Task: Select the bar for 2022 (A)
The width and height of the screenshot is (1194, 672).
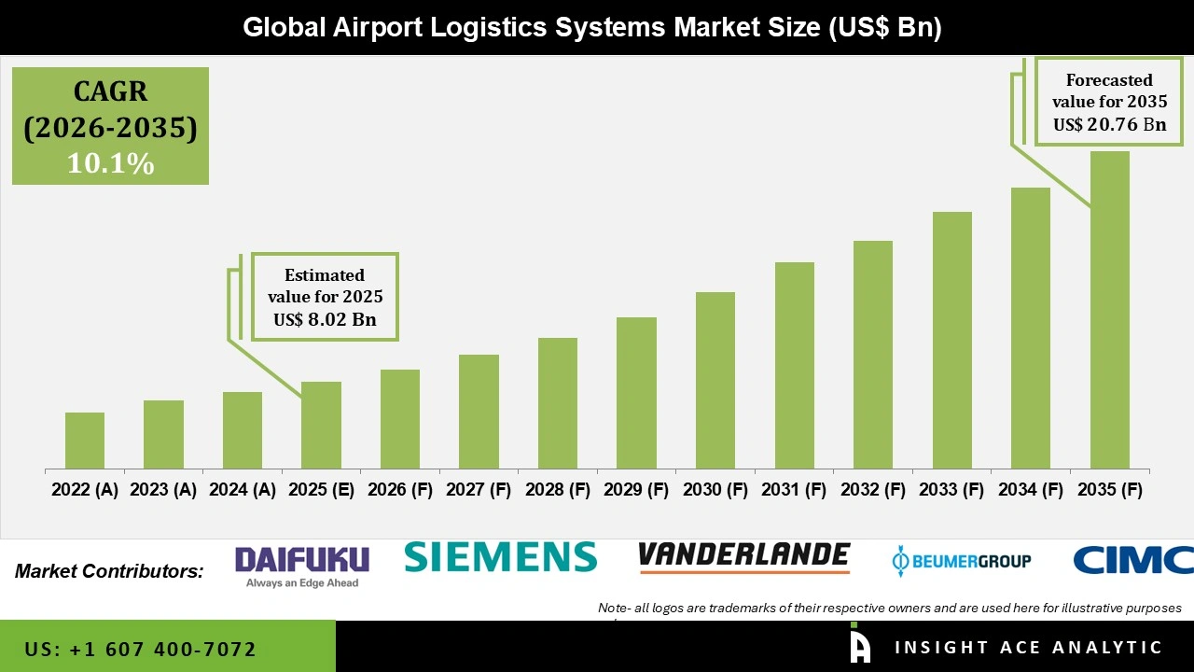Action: (x=85, y=441)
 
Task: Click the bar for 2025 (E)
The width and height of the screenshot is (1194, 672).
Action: (x=321, y=425)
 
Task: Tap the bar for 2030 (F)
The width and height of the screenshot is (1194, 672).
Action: (x=715, y=380)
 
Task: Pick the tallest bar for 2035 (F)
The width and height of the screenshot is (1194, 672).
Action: (x=1109, y=310)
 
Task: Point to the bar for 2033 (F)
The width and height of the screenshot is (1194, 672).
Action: (x=951, y=340)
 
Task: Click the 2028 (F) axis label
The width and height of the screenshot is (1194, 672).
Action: (x=558, y=490)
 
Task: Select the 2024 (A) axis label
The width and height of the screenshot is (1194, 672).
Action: (x=242, y=490)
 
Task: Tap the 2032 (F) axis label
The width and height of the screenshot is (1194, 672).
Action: (x=873, y=490)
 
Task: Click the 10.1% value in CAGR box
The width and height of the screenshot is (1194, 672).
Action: (x=110, y=163)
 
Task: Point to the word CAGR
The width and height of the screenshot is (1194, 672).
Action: (x=110, y=92)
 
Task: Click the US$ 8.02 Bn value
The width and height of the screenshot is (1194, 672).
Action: (x=325, y=319)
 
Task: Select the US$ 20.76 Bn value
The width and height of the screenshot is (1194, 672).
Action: (x=1109, y=124)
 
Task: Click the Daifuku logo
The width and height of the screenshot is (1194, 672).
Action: (x=302, y=567)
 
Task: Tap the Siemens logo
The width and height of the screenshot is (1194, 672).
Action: (x=500, y=557)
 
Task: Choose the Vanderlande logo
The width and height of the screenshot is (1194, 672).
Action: (x=743, y=557)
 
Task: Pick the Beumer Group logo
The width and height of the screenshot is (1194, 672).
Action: (x=962, y=561)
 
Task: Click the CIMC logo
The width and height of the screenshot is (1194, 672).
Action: (x=1132, y=560)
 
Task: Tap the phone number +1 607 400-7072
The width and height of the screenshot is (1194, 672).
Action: (x=141, y=649)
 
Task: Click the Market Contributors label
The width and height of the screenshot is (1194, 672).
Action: (x=109, y=570)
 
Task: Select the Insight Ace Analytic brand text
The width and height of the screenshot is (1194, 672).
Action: (x=1028, y=648)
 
